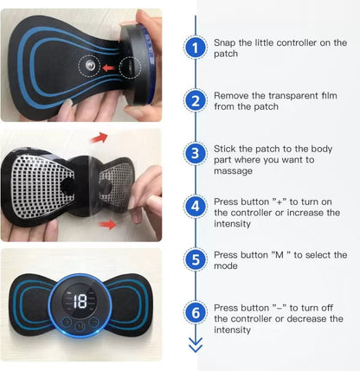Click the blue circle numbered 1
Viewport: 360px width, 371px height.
point(196,48)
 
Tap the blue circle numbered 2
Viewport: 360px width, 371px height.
point(196,100)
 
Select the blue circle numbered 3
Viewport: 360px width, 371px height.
point(196,153)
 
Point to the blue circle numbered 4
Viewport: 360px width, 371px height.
point(196,206)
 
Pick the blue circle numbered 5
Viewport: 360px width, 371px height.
point(196,259)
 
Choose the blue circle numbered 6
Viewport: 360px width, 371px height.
point(196,311)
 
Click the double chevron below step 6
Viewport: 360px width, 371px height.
point(196,345)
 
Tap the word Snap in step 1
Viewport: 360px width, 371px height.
point(225,42)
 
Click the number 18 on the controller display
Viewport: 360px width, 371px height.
point(80,303)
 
